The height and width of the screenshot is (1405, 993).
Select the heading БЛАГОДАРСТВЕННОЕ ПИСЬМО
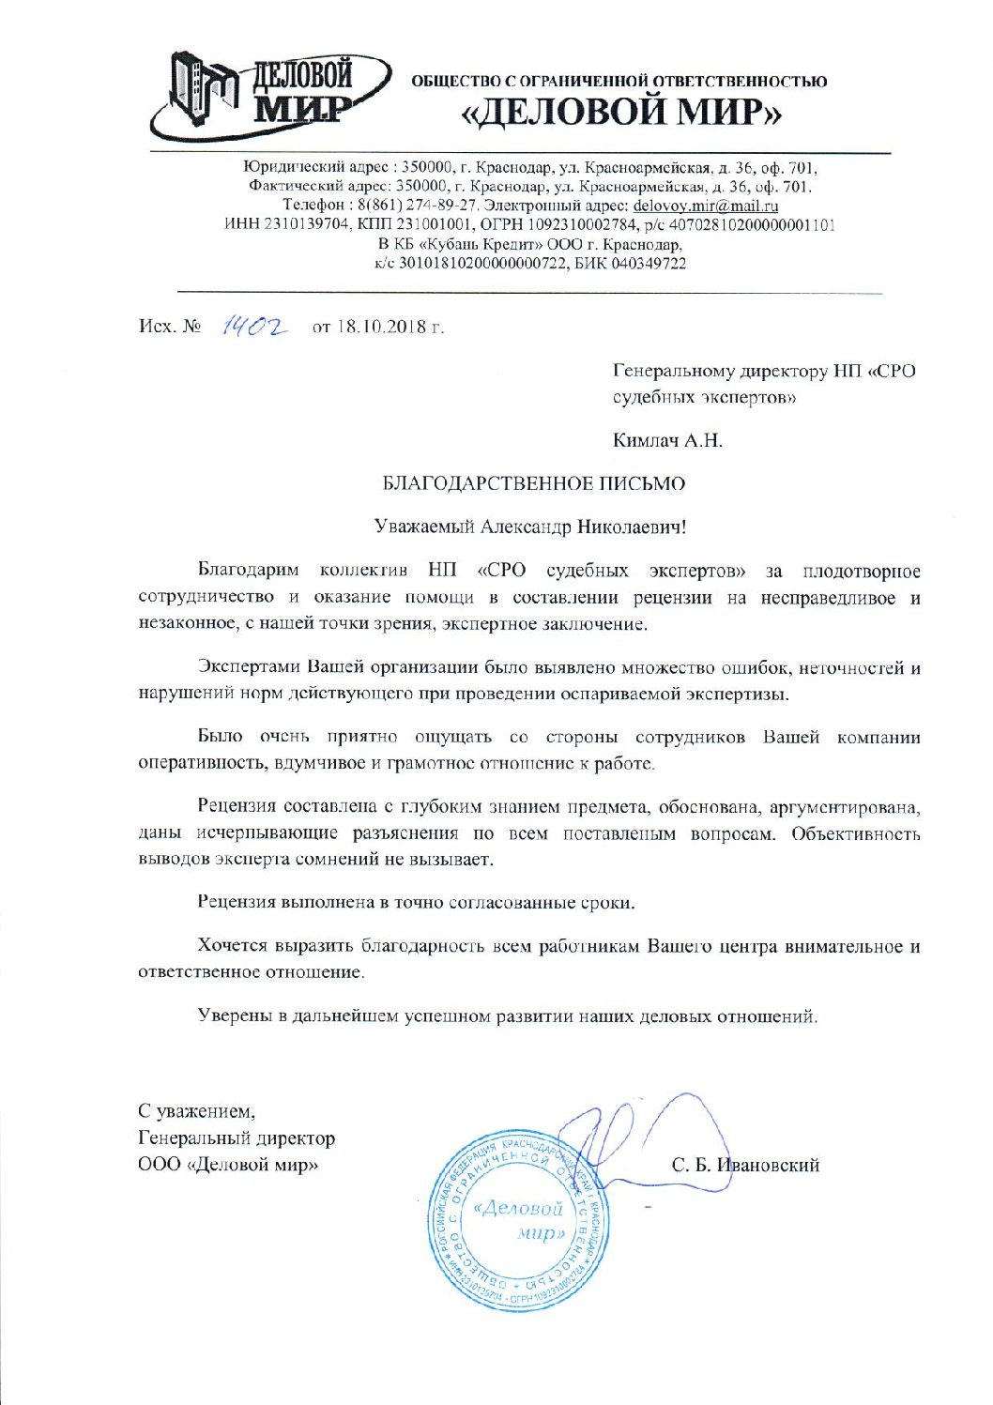(x=533, y=483)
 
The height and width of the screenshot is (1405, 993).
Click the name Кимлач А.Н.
(x=667, y=440)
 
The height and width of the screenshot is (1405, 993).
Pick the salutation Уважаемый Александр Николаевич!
(x=530, y=527)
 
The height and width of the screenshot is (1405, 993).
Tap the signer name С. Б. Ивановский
(x=745, y=1166)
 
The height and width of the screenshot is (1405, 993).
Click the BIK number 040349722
(x=649, y=264)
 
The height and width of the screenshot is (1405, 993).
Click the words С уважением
(x=196, y=1112)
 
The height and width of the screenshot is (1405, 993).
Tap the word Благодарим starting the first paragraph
(x=248, y=571)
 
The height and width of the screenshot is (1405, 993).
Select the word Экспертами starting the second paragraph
(x=249, y=668)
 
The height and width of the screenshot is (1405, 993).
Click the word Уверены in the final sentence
(x=235, y=1016)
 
